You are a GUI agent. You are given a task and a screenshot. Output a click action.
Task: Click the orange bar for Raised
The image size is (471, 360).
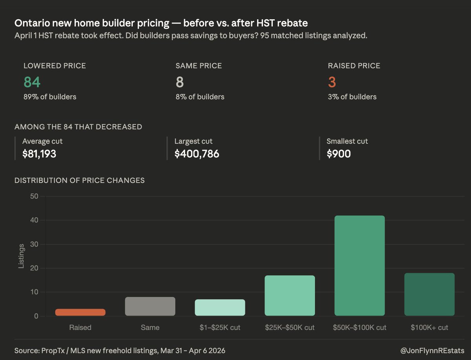(x=80, y=313)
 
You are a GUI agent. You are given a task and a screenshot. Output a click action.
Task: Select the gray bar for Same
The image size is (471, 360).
(x=150, y=307)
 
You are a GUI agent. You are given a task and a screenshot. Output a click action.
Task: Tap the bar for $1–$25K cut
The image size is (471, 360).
(x=220, y=308)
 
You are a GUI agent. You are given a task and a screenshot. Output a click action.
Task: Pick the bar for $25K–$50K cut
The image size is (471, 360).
(x=290, y=296)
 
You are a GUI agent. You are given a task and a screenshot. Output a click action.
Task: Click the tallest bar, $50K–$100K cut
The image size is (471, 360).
(x=360, y=266)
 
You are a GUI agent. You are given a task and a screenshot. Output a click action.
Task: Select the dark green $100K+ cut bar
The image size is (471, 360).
(x=429, y=295)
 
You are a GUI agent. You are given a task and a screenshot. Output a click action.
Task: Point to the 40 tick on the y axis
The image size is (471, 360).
(x=34, y=220)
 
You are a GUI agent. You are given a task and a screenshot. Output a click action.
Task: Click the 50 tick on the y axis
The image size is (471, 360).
(x=34, y=196)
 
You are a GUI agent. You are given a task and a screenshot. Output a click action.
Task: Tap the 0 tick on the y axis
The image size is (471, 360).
(x=36, y=316)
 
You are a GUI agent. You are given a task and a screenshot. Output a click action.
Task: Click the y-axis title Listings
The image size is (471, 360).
(x=21, y=256)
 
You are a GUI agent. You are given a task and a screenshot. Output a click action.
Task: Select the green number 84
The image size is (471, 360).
(x=32, y=82)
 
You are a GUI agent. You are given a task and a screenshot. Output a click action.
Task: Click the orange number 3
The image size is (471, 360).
(x=332, y=82)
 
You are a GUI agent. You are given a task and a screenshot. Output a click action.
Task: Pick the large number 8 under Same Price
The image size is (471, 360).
(x=180, y=82)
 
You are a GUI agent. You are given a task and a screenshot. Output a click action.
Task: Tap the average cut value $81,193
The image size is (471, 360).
(x=39, y=154)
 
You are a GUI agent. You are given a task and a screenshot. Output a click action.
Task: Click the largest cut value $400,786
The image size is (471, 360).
(x=197, y=154)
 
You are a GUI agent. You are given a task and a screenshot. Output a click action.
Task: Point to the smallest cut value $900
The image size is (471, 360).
(x=338, y=154)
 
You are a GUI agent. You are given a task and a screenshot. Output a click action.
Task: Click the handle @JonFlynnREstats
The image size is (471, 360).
(x=433, y=350)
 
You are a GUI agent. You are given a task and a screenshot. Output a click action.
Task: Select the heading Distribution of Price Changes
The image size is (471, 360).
(x=80, y=180)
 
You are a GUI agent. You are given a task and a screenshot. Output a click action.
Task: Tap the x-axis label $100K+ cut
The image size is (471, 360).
(x=429, y=327)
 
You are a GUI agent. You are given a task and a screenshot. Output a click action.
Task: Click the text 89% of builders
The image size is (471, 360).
(x=50, y=97)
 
